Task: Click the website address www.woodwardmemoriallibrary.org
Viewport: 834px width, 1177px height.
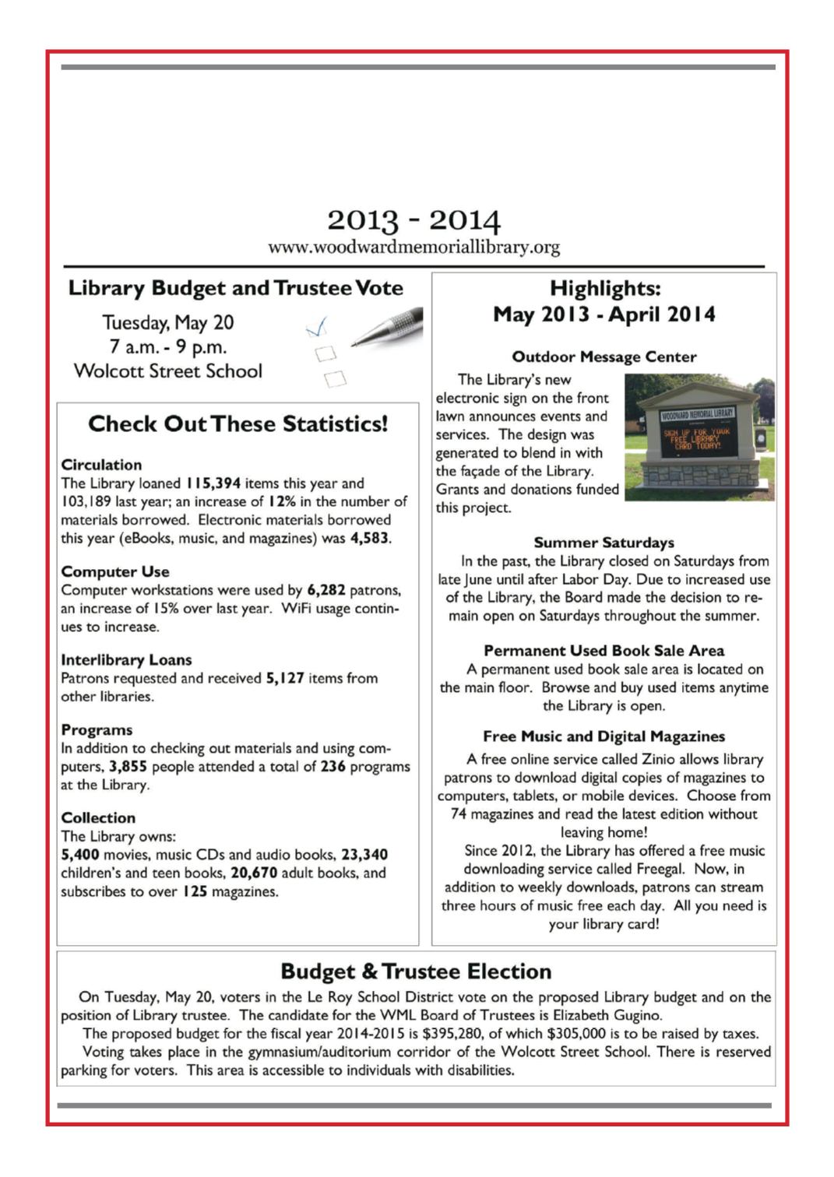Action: point(413,248)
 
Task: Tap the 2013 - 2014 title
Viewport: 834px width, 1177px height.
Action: point(413,220)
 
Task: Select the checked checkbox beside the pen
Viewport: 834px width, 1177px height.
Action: point(317,329)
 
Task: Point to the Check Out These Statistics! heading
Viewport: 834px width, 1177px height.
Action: point(238,423)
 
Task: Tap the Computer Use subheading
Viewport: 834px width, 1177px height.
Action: point(115,571)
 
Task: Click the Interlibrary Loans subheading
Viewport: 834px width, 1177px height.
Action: point(126,659)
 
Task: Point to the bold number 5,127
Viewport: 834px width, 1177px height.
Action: point(285,678)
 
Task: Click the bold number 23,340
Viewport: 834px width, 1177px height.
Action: point(364,855)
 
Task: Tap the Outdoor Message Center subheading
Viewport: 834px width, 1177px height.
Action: point(604,357)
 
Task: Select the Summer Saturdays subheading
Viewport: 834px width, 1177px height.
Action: point(604,543)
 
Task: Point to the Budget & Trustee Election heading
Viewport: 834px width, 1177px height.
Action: point(416,971)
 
